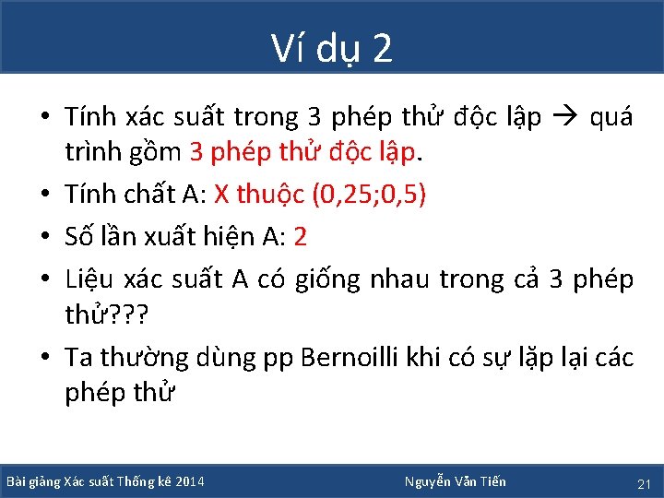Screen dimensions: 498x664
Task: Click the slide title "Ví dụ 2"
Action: (332, 49)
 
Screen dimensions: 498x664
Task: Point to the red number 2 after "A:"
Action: (300, 237)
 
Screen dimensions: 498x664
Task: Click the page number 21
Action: (644, 483)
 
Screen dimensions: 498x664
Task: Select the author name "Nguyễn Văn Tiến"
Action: (455, 481)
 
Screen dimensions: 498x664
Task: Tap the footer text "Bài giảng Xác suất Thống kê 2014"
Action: (105, 481)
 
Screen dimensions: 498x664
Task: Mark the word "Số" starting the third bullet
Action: (79, 237)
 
